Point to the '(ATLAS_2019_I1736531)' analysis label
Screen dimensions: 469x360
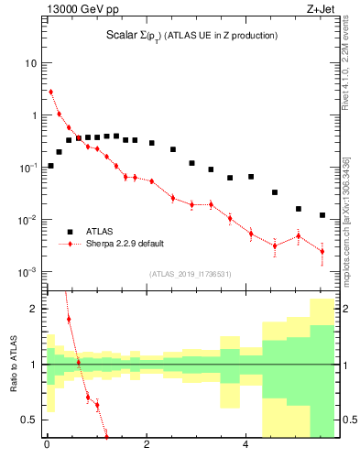[191, 274]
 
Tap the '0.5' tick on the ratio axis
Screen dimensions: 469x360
[30, 420]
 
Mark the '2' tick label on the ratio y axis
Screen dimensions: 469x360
[34, 309]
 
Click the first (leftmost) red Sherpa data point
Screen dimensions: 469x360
[50, 92]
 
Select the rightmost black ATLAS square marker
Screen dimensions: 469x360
[322, 215]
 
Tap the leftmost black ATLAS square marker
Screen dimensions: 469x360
[50, 166]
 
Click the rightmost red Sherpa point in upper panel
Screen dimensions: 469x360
[322, 251]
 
